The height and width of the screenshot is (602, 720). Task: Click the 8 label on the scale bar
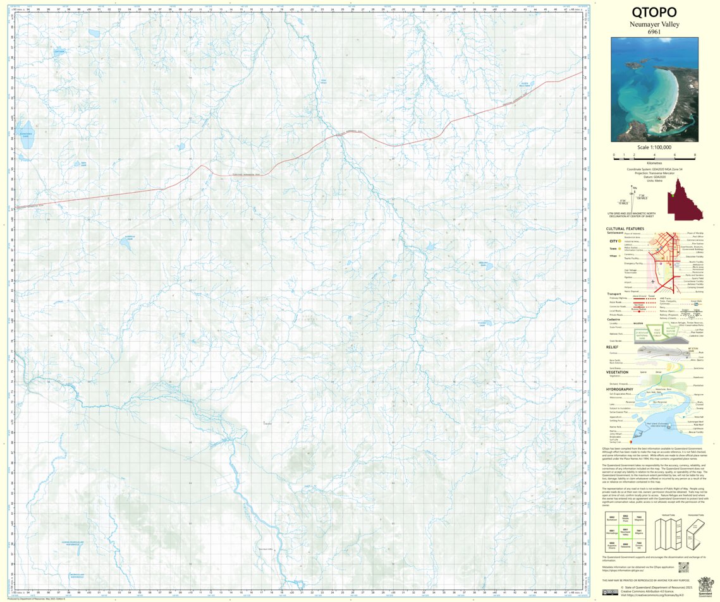[x=695, y=155]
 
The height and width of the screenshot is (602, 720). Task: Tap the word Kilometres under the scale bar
[x=654, y=163]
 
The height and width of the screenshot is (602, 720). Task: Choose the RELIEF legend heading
[x=612, y=347]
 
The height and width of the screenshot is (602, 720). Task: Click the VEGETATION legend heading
[x=617, y=372]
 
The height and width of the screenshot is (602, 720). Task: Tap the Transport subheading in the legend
[x=614, y=294]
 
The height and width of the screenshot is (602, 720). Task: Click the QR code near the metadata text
[x=682, y=568]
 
